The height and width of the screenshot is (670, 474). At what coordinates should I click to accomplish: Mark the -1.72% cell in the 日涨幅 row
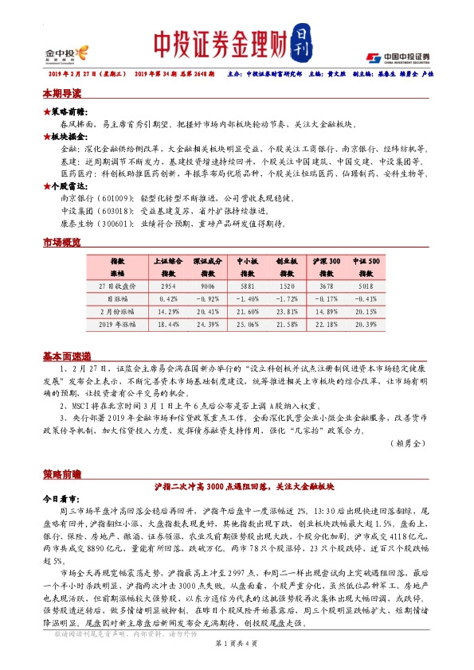(287, 298)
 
